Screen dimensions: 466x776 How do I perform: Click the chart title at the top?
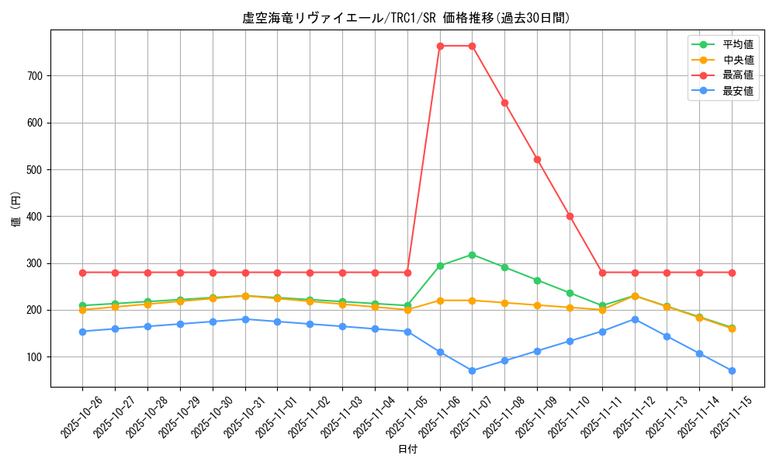coord(406,18)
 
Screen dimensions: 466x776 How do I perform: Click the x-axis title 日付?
coord(407,450)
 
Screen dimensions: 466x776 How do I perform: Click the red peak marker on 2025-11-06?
coord(440,46)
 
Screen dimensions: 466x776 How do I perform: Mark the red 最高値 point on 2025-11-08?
coord(504,103)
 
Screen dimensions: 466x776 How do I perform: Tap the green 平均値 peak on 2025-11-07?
coord(472,255)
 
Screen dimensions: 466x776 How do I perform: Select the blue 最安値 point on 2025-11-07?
coord(472,370)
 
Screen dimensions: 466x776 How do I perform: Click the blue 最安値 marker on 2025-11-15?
coord(732,370)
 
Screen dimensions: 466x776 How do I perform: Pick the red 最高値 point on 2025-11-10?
coord(570,216)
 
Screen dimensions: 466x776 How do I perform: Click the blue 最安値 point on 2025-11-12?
coord(635,319)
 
